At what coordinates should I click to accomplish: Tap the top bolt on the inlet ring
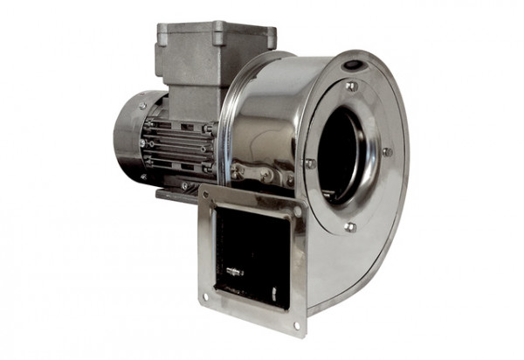click(351, 87)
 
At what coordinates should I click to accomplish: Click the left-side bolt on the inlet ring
click(309, 163)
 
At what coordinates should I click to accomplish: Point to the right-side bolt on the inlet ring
click(387, 152)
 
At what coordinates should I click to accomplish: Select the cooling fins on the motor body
click(179, 144)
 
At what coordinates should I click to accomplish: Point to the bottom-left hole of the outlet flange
click(206, 296)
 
